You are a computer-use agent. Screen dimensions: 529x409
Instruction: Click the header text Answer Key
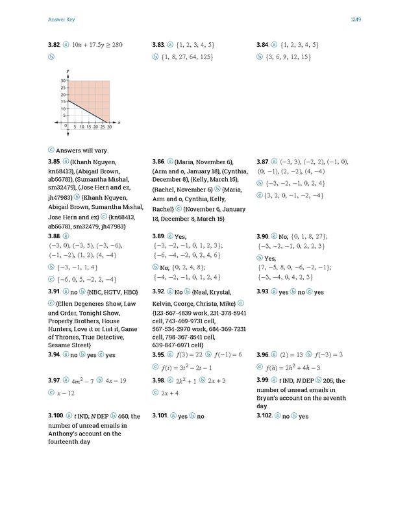click(61, 20)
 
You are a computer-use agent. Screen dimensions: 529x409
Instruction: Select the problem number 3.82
click(54, 45)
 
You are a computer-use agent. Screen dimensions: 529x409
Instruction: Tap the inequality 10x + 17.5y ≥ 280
click(97, 45)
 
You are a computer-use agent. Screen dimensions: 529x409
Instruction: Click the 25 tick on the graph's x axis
click(102, 127)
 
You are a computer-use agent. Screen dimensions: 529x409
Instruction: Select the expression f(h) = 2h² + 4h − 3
click(297, 367)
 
